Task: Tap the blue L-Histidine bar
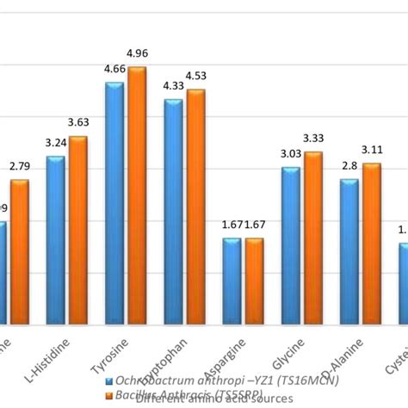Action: (56, 240)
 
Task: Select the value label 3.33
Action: (314, 138)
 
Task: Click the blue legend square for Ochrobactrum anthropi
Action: (108, 379)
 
